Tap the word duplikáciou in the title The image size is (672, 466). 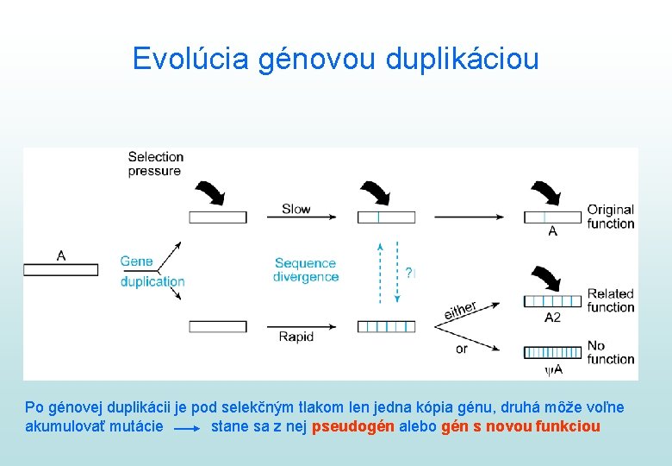coord(463,59)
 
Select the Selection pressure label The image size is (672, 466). coord(155,163)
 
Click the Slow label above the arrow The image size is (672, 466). coord(296,209)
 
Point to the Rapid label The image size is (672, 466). coord(296,337)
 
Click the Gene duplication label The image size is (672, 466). coord(152,271)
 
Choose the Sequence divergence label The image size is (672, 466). coord(306,269)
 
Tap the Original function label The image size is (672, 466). coord(610,217)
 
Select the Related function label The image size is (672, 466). coord(610,300)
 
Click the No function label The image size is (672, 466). coord(610,352)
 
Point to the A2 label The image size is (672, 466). coord(552,318)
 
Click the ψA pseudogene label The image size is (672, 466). coord(553,369)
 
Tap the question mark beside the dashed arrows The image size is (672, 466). coord(410,273)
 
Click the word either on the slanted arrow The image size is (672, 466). coord(461,310)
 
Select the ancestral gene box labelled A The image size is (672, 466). coord(60,269)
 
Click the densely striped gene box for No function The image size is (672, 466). coord(552,353)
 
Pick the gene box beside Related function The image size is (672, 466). coord(552,301)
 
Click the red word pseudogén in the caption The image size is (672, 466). coord(352,426)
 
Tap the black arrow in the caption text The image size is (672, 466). coord(189,427)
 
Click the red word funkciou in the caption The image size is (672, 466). coord(568,426)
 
